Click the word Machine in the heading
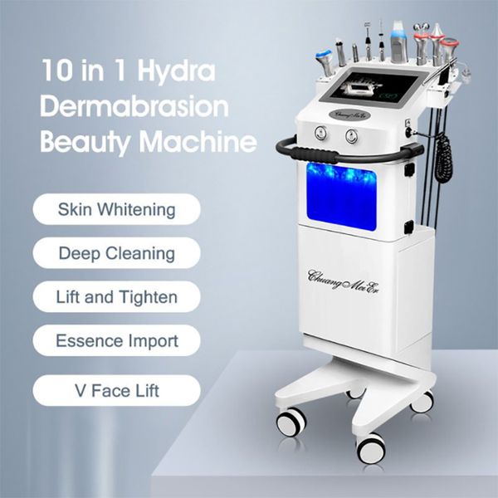click(x=203, y=142)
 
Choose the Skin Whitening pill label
click(x=117, y=208)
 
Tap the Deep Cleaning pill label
click(x=117, y=252)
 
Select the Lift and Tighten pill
click(x=117, y=296)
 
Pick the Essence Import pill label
click(x=117, y=340)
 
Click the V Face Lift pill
click(x=117, y=390)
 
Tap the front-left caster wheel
click(x=291, y=422)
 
